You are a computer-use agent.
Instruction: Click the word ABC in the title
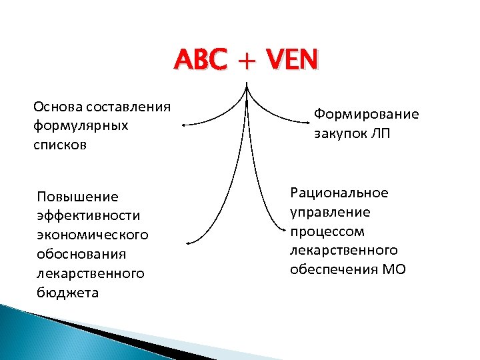pyautogui.click(x=198, y=62)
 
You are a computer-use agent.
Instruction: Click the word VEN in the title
pyautogui.click(x=292, y=62)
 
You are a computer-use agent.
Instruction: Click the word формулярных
pyautogui.click(x=81, y=125)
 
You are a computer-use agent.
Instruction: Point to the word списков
pyautogui.click(x=61, y=145)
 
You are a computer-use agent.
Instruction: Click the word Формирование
pyautogui.click(x=367, y=114)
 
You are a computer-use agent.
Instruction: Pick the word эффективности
pyautogui.click(x=89, y=216)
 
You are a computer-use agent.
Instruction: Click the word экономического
pyautogui.click(x=93, y=235)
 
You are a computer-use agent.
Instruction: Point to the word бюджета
pyautogui.click(x=68, y=293)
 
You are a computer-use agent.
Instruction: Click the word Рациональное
pyautogui.click(x=339, y=193)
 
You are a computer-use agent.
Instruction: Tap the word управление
pyautogui.click(x=330, y=212)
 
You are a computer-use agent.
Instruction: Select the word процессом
pyautogui.click(x=327, y=231)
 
